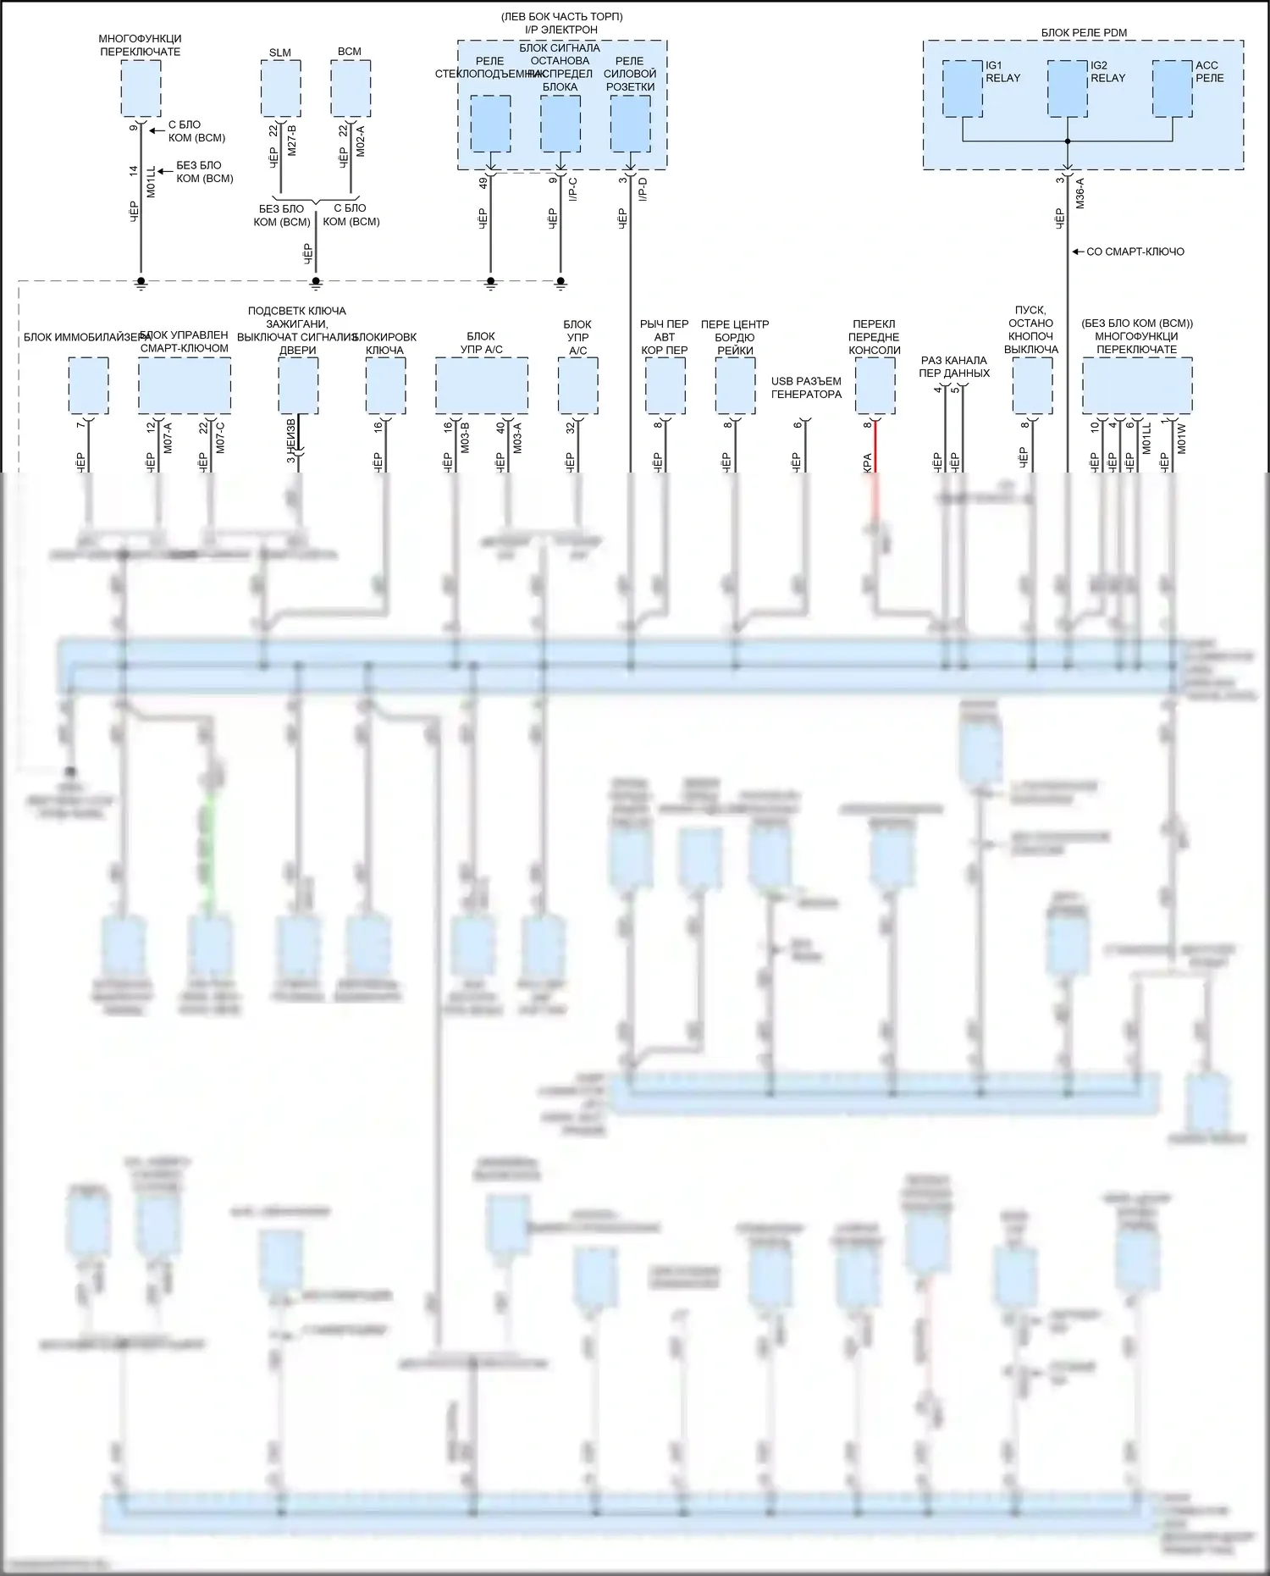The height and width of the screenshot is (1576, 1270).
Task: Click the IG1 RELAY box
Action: (x=963, y=88)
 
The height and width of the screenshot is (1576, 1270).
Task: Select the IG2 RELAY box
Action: (x=1067, y=88)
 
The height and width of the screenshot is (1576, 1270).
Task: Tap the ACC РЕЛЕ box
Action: (x=1173, y=88)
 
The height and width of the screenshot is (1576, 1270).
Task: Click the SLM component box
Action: (x=280, y=88)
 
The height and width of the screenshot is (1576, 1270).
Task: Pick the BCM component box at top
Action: (x=350, y=88)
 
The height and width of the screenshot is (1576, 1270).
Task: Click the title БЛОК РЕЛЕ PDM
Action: (x=1084, y=33)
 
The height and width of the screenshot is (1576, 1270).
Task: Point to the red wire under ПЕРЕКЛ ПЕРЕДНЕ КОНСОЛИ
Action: (x=875, y=449)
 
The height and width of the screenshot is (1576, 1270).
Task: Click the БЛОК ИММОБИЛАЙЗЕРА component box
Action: (x=88, y=385)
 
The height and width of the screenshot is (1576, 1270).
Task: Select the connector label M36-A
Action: (x=1079, y=193)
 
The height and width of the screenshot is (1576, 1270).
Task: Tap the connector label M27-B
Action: (x=291, y=140)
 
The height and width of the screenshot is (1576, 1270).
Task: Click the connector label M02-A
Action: (x=361, y=140)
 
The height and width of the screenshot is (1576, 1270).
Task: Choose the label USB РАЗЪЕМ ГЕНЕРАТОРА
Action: (x=806, y=388)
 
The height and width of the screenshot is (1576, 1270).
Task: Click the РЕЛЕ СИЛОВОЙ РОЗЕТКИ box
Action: (x=630, y=124)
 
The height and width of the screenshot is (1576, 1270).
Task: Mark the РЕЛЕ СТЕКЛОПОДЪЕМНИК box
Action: (x=490, y=124)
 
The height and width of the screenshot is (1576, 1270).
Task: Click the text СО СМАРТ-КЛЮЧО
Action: (x=1135, y=252)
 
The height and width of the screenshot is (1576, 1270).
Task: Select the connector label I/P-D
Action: (x=643, y=191)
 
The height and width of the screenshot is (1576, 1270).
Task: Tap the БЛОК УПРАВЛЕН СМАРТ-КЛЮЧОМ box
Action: (x=185, y=385)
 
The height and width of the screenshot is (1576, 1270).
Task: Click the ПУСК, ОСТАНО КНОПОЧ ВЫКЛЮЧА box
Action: (x=1032, y=385)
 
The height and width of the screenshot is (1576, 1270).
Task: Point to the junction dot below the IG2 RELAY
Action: (x=1068, y=141)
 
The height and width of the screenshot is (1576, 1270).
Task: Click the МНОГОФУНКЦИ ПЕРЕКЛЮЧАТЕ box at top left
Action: (x=141, y=88)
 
